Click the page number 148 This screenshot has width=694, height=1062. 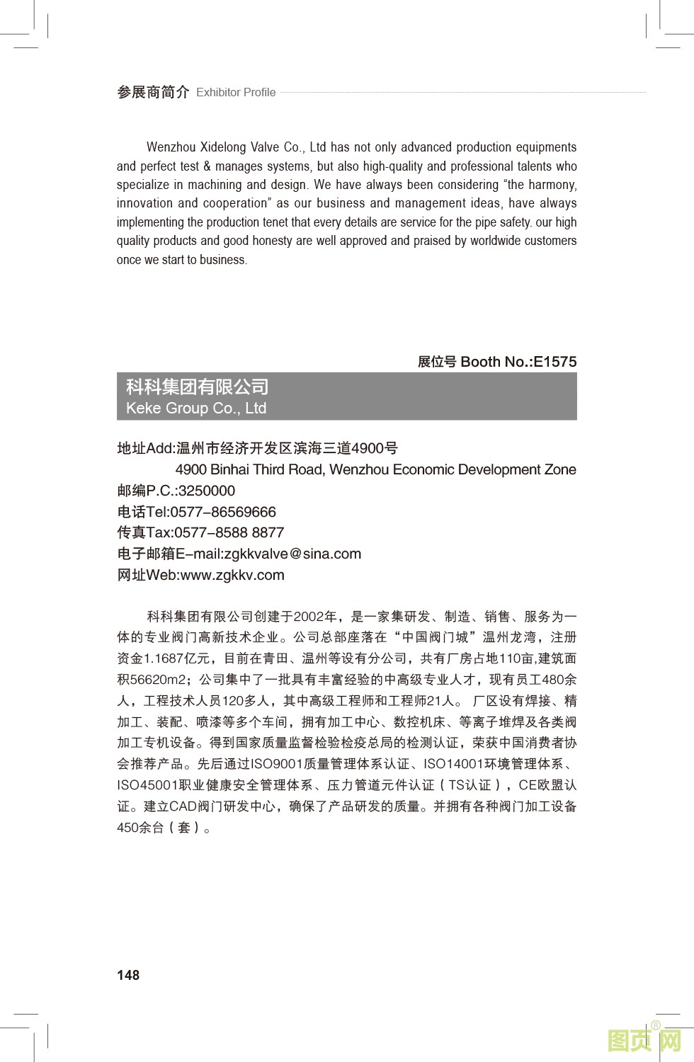[128, 975]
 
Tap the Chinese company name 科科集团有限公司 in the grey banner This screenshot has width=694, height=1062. [198, 387]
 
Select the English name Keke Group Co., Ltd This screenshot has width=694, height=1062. [196, 409]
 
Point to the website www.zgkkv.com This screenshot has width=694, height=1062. [232, 575]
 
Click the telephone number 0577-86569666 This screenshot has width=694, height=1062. [223, 512]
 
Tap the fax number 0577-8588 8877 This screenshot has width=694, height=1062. [229, 532]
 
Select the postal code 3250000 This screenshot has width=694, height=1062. [207, 491]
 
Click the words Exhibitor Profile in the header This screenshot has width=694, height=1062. [236, 92]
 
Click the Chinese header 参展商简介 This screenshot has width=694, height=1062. [153, 92]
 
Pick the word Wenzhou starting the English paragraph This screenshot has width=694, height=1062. [171, 147]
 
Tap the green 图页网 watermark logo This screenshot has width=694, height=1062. [644, 1041]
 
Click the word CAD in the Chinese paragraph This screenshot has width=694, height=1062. [183, 806]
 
